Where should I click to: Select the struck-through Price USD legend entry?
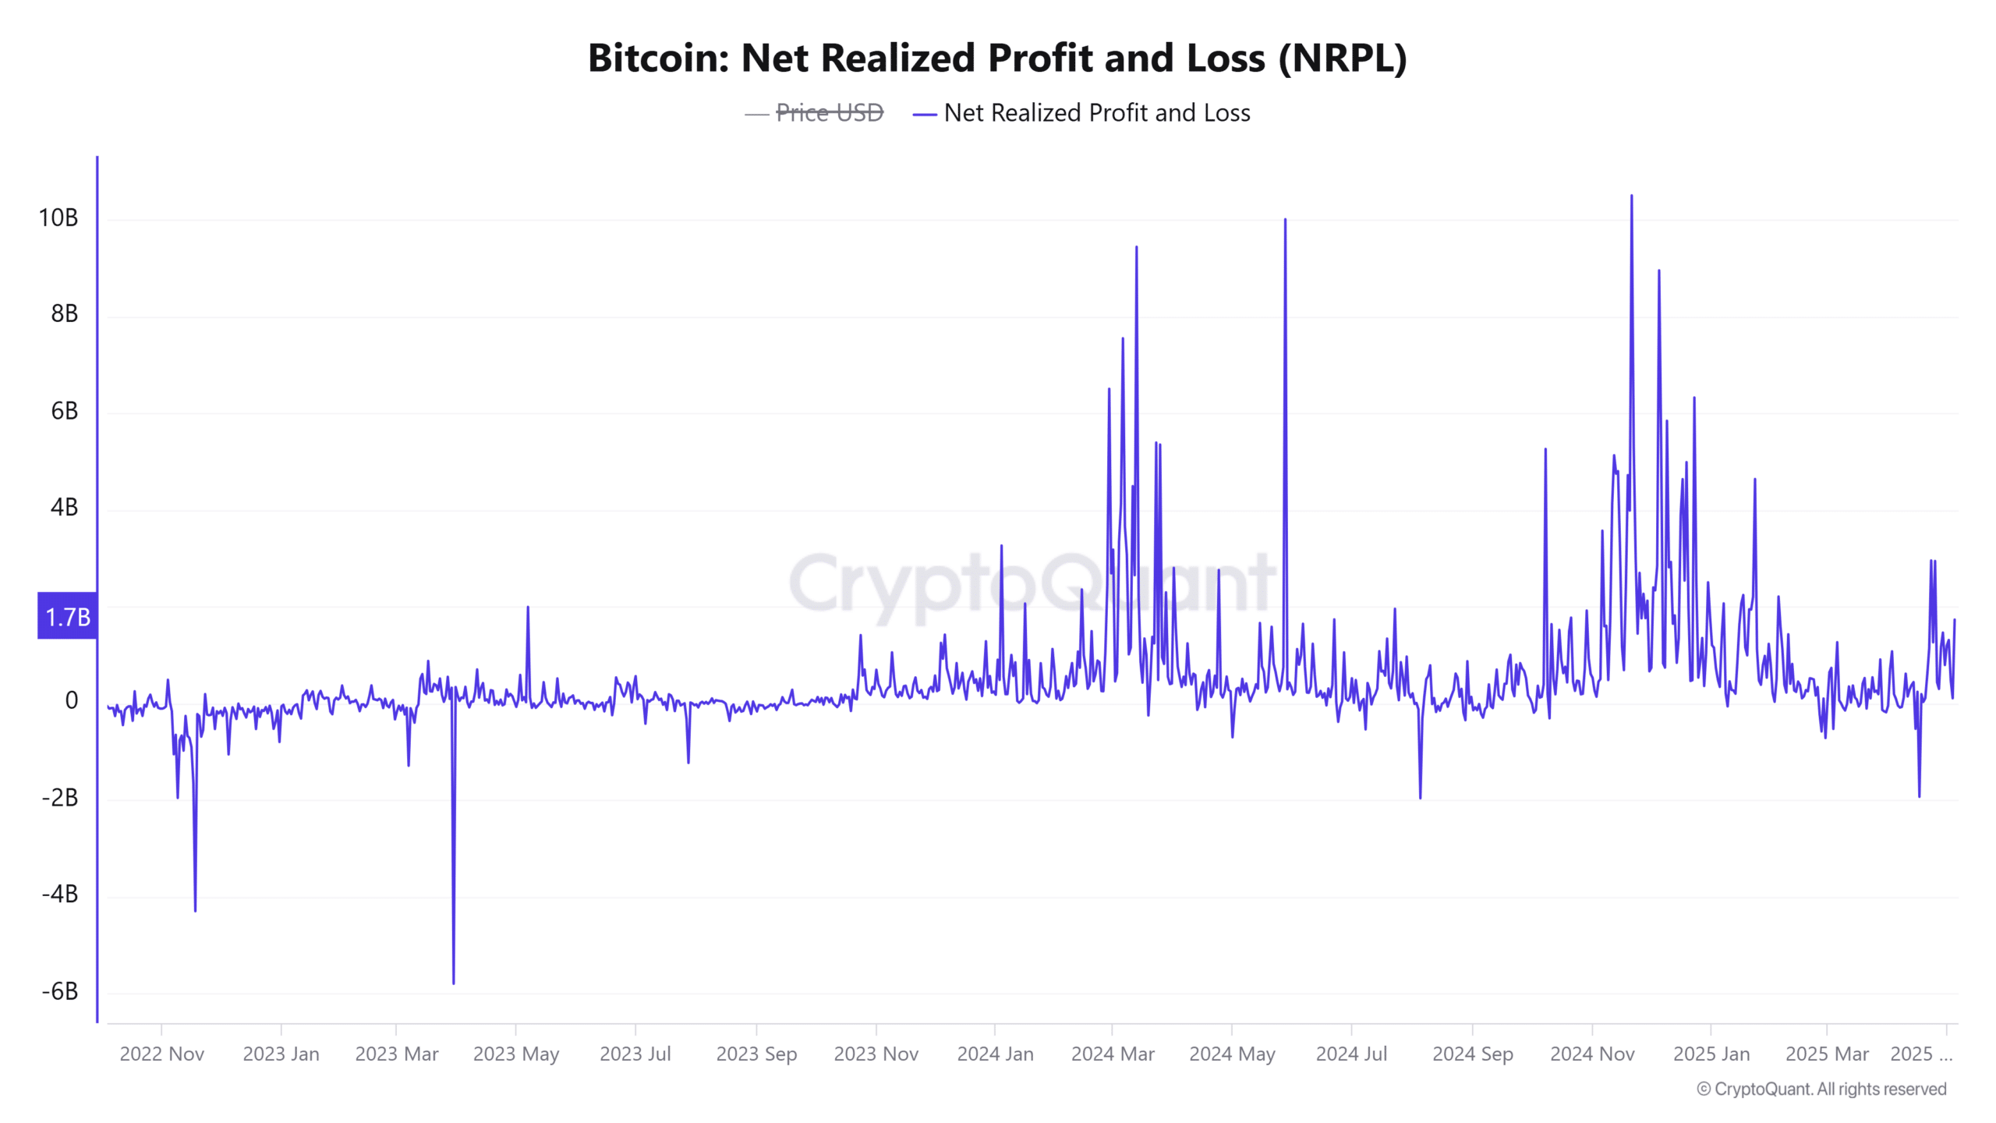pyautogui.click(x=829, y=113)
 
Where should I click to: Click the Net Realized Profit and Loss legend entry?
pyautogui.click(x=1096, y=113)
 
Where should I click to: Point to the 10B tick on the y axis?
pyautogui.click(x=58, y=218)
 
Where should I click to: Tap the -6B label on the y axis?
pyautogui.click(x=60, y=991)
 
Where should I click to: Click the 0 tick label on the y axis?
pyautogui.click(x=71, y=700)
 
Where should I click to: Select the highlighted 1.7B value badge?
pyautogui.click(x=68, y=617)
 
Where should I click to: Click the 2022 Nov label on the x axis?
pyautogui.click(x=161, y=1054)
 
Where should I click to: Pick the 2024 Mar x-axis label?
pyautogui.click(x=1113, y=1054)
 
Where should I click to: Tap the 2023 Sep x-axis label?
pyautogui.click(x=756, y=1054)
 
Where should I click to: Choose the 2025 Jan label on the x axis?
pyautogui.click(x=1711, y=1054)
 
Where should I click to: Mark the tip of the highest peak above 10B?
pyautogui.click(x=1631, y=197)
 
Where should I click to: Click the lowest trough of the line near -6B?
pyautogui.click(x=454, y=983)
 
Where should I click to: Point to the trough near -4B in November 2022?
pyautogui.click(x=195, y=910)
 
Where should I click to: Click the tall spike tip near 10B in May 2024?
pyautogui.click(x=1285, y=221)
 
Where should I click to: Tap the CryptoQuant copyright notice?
pyautogui.click(x=1821, y=1089)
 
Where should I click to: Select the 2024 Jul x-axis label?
pyautogui.click(x=1351, y=1054)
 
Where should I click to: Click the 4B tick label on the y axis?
pyautogui.click(x=64, y=508)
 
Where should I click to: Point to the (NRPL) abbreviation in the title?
pyautogui.click(x=1342, y=58)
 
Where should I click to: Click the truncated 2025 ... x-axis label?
pyautogui.click(x=1921, y=1054)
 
